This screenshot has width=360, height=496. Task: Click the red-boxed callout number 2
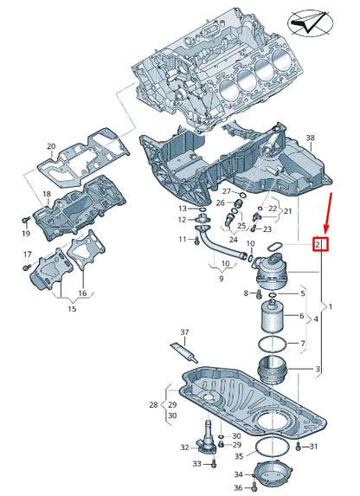(x=319, y=245)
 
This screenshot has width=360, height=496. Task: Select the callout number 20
(x=50, y=146)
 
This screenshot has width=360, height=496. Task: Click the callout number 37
(x=183, y=333)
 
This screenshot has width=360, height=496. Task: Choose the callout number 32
(x=184, y=448)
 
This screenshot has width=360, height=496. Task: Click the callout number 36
(x=239, y=489)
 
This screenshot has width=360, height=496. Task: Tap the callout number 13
(x=183, y=209)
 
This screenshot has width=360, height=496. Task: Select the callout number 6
(x=302, y=316)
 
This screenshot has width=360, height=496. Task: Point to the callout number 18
(x=47, y=194)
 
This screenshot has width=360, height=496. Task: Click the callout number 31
(x=314, y=447)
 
